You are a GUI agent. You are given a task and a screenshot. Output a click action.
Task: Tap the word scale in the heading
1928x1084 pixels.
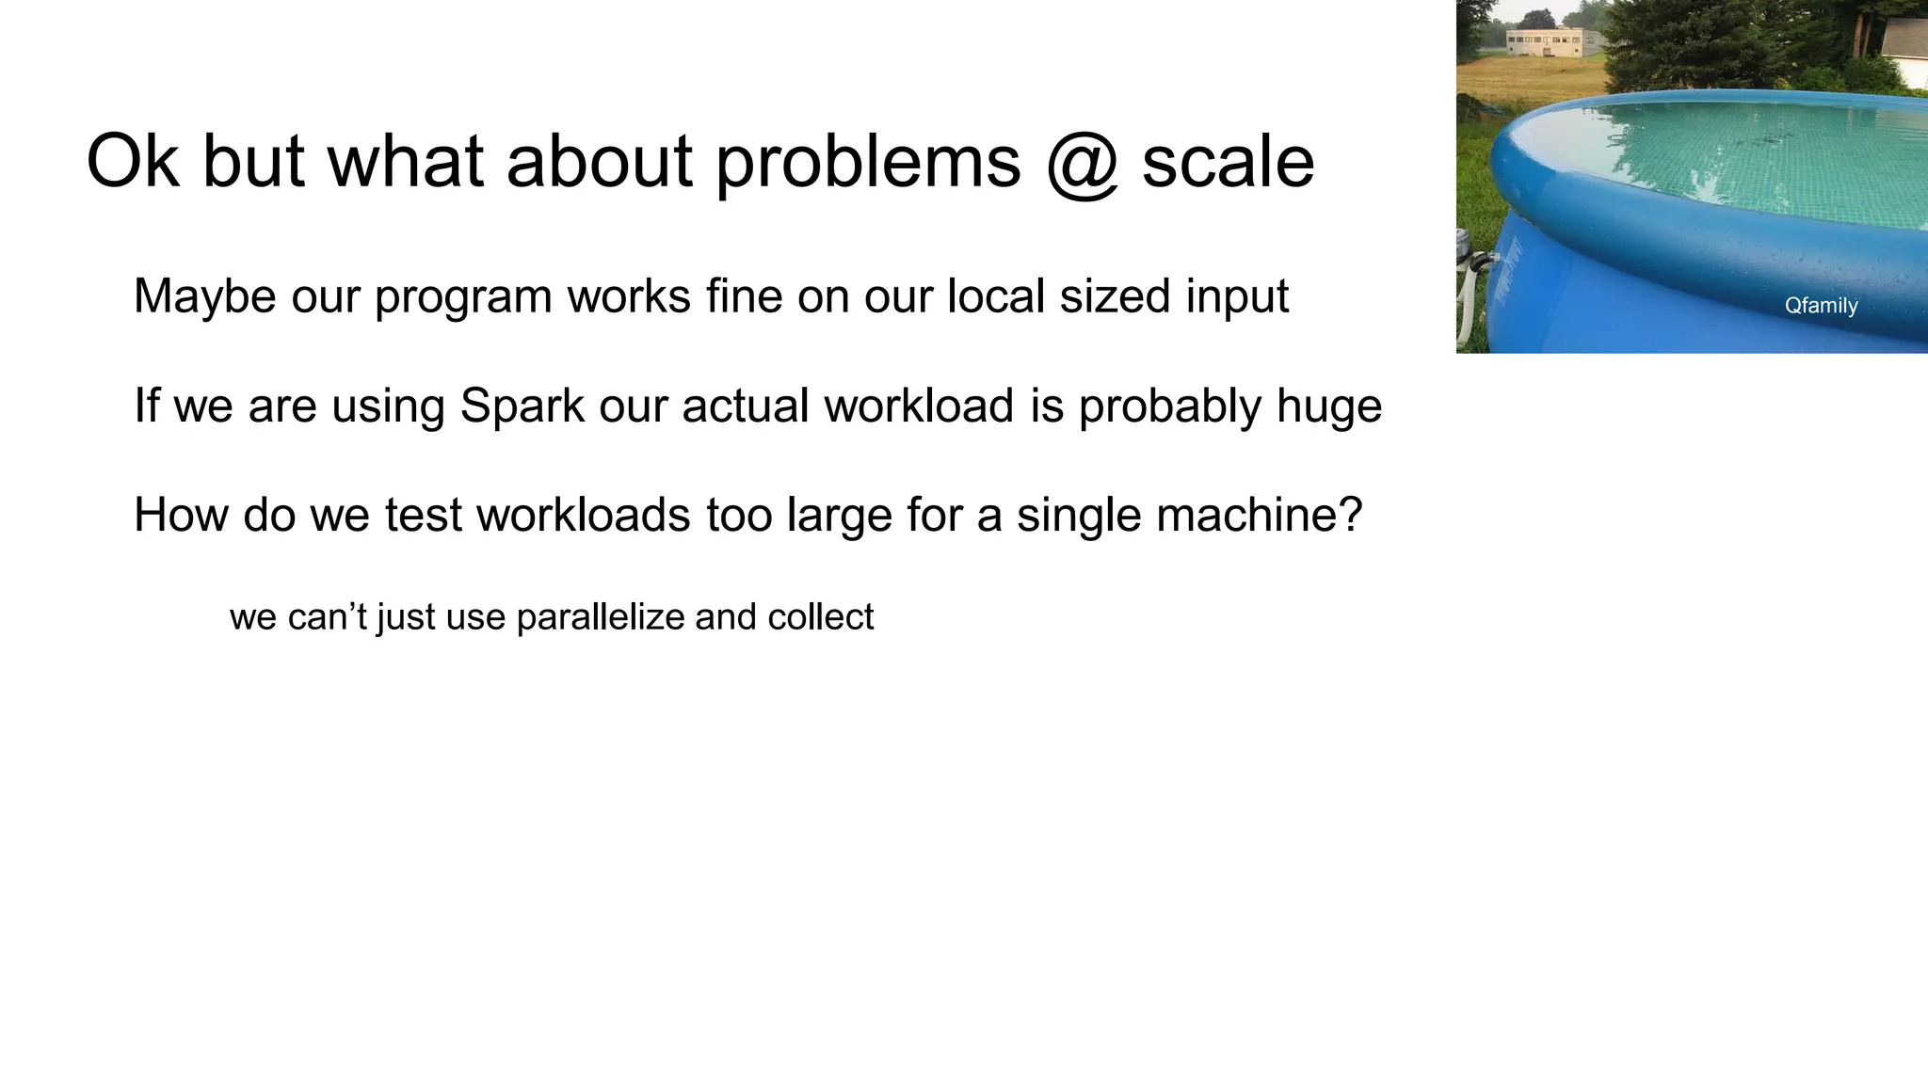(1228, 162)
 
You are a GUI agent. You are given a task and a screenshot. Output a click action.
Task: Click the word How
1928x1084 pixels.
(181, 515)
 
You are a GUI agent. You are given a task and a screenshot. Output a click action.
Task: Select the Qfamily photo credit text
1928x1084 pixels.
(1821, 306)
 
